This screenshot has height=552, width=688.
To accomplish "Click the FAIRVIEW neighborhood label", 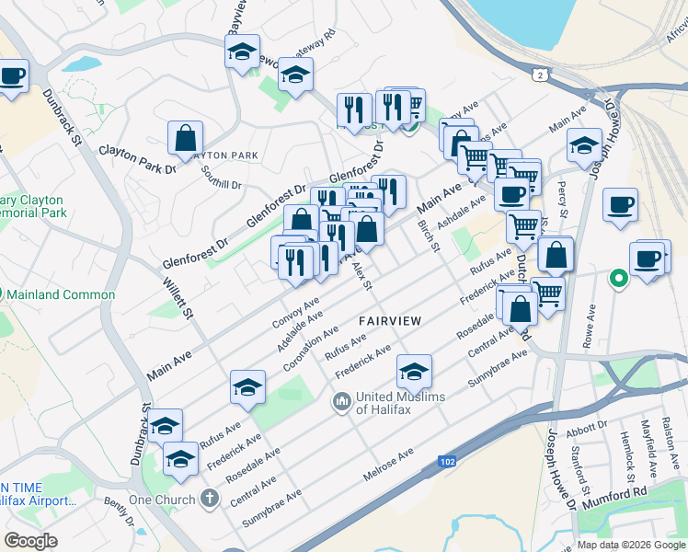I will [x=390, y=320].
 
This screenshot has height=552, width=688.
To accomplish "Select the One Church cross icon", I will [x=210, y=500].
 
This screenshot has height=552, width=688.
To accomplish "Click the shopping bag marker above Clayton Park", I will [x=185, y=139].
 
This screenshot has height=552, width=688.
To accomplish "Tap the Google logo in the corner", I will [x=30, y=541].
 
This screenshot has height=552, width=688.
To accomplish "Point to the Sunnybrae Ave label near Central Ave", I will [x=271, y=507].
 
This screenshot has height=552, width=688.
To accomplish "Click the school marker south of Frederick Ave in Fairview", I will [x=414, y=372].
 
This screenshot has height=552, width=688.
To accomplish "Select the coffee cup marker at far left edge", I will [x=12, y=76].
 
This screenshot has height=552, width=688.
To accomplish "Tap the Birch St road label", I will [x=429, y=236].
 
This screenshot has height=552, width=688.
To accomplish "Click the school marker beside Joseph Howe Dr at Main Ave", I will [x=583, y=144].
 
